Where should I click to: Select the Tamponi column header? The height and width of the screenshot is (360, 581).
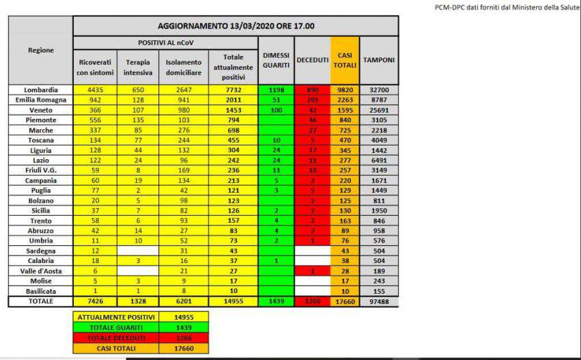[x=379, y=60]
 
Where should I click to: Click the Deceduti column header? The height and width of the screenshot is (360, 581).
[x=312, y=60]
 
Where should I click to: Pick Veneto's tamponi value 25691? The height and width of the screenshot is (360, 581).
[x=379, y=109]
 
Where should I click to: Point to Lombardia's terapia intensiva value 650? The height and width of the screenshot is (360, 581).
[x=137, y=89]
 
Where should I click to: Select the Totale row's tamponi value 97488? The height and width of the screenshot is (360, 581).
[x=379, y=301]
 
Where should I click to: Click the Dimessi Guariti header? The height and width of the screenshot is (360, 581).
[x=276, y=60]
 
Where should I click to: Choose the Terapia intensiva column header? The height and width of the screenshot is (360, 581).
[x=137, y=67]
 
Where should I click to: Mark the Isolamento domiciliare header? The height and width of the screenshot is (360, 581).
[x=183, y=67]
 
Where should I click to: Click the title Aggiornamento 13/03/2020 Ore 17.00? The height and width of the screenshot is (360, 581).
[x=236, y=26]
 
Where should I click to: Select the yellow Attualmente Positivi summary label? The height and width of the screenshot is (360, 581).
[x=115, y=318]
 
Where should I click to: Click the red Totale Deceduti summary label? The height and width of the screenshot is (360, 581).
[x=115, y=337]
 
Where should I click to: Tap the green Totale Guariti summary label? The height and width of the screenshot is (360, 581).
[x=115, y=327]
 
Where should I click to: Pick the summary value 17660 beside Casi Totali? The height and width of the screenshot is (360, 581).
[x=182, y=347]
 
